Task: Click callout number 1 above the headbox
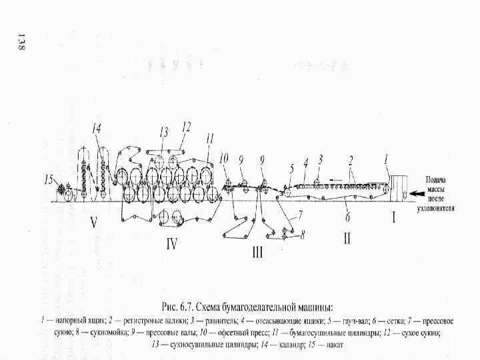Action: click(385, 159)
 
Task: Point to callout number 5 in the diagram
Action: click(291, 169)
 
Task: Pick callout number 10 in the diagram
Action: click(223, 158)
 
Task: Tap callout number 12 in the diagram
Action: click(186, 125)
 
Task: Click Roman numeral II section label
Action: click(347, 237)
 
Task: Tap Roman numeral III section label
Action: click(257, 253)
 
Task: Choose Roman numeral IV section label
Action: click(171, 244)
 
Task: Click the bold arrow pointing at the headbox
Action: click(417, 193)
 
